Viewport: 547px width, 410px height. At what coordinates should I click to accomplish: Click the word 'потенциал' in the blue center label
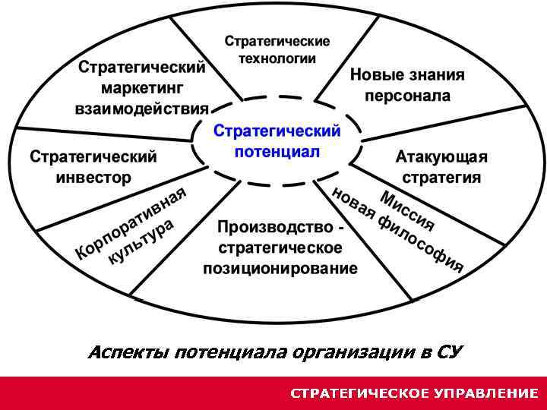point(277,150)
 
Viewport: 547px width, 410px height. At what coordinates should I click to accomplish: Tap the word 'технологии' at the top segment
point(277,58)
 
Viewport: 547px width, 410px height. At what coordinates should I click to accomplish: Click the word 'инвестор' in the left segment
point(93,178)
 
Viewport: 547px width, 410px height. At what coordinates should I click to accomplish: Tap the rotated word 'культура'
point(142,241)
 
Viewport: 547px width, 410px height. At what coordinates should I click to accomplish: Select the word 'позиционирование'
point(280,268)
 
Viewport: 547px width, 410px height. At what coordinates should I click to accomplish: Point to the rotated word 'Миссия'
point(408,211)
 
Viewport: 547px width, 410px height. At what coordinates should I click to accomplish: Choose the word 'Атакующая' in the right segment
point(441,157)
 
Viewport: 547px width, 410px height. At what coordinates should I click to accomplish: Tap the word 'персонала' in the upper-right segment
point(407,96)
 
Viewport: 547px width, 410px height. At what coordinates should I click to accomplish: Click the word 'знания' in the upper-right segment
point(435,76)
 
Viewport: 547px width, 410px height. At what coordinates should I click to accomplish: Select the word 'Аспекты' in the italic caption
point(128,352)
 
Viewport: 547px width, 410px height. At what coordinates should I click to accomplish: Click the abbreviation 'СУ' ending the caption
point(449,352)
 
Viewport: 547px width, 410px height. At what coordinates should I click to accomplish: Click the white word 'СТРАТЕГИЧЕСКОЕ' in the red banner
point(347,393)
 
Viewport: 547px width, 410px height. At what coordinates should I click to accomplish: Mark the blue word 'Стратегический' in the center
point(277,131)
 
